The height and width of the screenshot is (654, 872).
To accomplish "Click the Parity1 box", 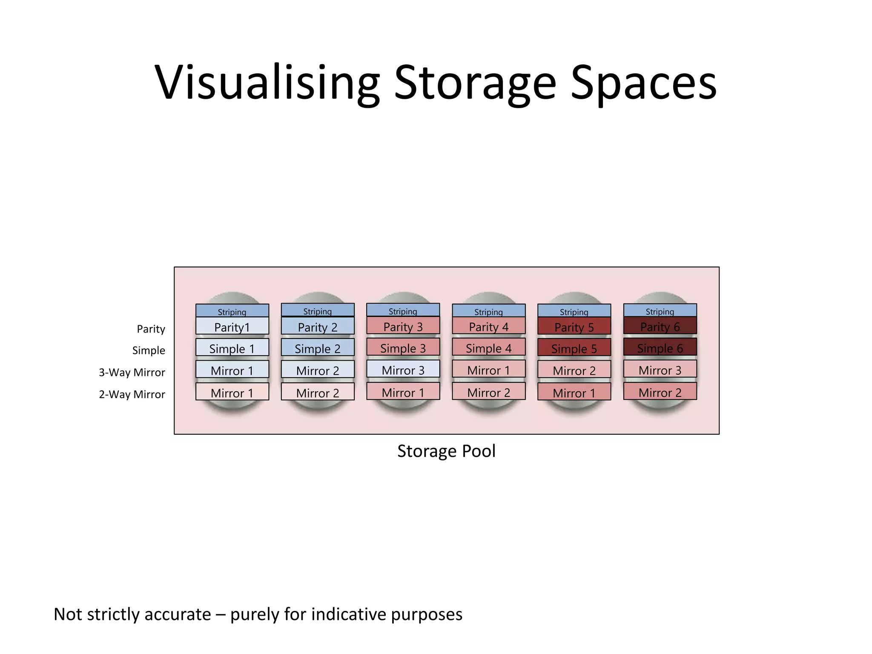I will pos(232,326).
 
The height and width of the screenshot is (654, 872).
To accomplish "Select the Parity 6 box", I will pos(660,326).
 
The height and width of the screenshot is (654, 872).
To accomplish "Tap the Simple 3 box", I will pos(403,347).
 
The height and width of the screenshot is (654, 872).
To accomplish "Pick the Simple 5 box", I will pos(574,348).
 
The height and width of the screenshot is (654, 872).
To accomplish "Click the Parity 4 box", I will pos(488,326).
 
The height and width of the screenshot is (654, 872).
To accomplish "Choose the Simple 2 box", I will pos(317,348).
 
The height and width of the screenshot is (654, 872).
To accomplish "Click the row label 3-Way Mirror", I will pos(132,372).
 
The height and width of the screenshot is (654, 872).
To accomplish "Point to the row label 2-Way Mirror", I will pos(132,394).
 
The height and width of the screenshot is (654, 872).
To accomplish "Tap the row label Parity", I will pos(151,329).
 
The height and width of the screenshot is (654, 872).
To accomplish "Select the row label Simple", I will pos(149,350).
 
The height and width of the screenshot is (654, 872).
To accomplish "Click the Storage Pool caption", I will pos(446,451).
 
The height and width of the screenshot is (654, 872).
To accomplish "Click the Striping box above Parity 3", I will pos(403,310).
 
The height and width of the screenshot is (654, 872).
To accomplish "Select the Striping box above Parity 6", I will pos(660,310).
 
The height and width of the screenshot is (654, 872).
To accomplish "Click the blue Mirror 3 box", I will pos(403,369).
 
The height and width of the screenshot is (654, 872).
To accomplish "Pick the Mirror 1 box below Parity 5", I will pos(574,392).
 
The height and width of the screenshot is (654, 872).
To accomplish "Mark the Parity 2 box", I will pos(317,326).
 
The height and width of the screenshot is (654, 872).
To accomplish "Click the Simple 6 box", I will pos(660,347).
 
